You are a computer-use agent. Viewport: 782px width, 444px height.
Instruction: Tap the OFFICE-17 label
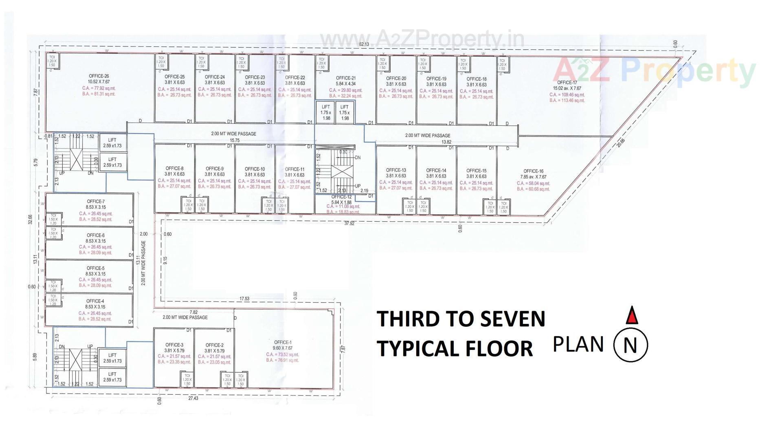[567, 82]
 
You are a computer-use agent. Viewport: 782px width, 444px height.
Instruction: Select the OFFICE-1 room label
[283, 342]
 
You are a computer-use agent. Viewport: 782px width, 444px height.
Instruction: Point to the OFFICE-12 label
[341, 197]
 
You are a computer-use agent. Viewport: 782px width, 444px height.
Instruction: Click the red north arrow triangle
[631, 316]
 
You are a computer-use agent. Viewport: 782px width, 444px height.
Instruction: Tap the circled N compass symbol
[630, 345]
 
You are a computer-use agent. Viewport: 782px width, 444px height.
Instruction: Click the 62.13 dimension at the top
[364, 44]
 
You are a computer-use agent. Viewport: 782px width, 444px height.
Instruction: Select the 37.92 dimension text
[349, 224]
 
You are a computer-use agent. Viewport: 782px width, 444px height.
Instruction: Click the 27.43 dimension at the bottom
[193, 398]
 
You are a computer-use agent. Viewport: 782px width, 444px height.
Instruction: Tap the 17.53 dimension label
[244, 299]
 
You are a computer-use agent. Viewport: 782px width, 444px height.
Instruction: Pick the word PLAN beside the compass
[578, 344]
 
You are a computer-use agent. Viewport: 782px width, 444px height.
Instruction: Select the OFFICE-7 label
[96, 201]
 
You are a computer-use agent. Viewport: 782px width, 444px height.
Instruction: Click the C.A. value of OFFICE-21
[345, 90]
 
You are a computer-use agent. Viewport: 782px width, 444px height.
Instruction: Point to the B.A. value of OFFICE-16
[533, 189]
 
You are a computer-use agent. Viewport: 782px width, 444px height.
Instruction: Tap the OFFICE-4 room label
[95, 301]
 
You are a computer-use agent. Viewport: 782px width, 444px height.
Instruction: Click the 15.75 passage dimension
[235, 141]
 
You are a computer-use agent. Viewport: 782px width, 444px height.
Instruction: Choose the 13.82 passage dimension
[447, 142]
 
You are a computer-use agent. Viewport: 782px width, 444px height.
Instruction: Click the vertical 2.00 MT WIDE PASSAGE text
[143, 263]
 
